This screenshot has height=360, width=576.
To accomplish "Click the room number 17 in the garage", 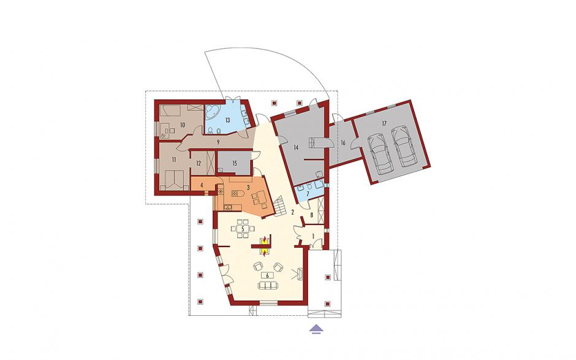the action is [x=384, y=123].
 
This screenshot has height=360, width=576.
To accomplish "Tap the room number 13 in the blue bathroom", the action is [x=227, y=120].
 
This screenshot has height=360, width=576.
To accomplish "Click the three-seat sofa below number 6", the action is [x=267, y=285].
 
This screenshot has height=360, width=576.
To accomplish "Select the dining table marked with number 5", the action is [x=243, y=228].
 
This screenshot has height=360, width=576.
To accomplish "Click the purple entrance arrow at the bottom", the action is [x=317, y=329].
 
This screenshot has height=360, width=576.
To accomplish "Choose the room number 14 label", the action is [x=297, y=147].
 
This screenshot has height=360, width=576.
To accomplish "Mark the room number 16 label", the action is [x=343, y=143].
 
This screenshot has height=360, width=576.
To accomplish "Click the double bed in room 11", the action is [x=174, y=180].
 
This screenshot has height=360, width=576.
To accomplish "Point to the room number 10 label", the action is [x=182, y=124].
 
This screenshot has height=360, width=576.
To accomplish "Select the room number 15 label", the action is [x=235, y=163].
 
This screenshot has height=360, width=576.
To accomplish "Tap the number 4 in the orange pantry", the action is [x=202, y=185].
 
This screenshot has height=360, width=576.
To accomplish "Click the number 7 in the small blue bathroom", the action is [x=308, y=193].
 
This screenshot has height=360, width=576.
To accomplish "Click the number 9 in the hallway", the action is [x=218, y=141].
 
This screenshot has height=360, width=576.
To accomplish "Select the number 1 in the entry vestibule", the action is [x=313, y=236].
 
